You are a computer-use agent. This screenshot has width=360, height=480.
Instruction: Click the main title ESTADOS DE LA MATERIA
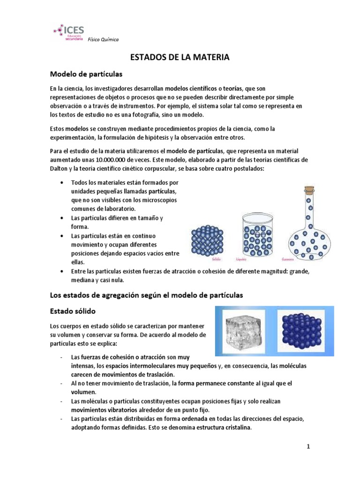[180, 58]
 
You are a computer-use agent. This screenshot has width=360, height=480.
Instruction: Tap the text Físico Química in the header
[103, 40]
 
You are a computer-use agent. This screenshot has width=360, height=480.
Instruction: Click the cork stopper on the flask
[309, 191]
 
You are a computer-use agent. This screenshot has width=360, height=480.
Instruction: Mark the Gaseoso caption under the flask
[287, 259]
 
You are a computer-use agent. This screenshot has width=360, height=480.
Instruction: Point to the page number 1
[308, 447]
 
